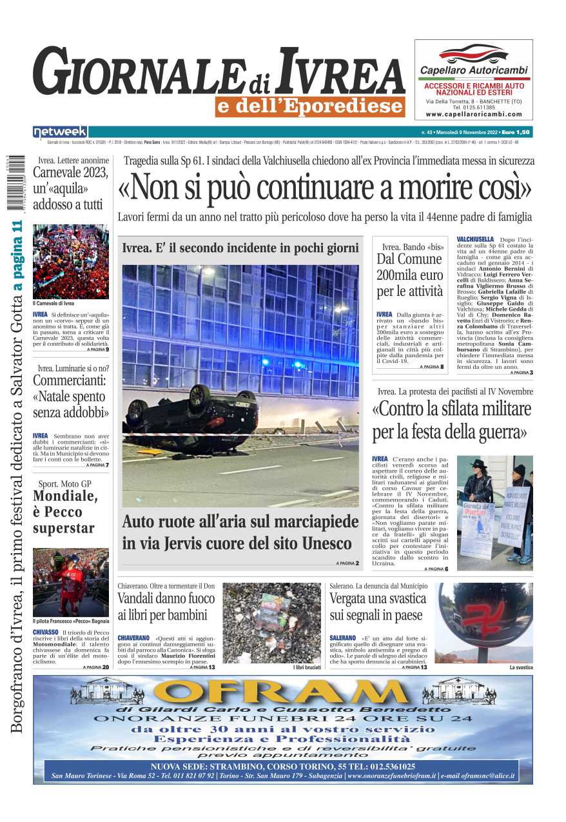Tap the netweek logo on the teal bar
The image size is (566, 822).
(60, 132)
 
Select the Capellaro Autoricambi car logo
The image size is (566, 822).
(473, 54)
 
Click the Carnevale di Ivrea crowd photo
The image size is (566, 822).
(71, 261)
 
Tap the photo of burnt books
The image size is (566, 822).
(271, 623)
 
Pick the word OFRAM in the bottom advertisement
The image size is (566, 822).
(283, 692)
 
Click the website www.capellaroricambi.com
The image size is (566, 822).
(473, 114)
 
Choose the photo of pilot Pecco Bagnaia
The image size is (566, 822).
(71, 582)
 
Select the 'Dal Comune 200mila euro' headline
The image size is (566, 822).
(410, 275)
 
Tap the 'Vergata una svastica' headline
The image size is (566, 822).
(378, 607)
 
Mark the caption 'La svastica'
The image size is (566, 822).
(521, 667)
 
